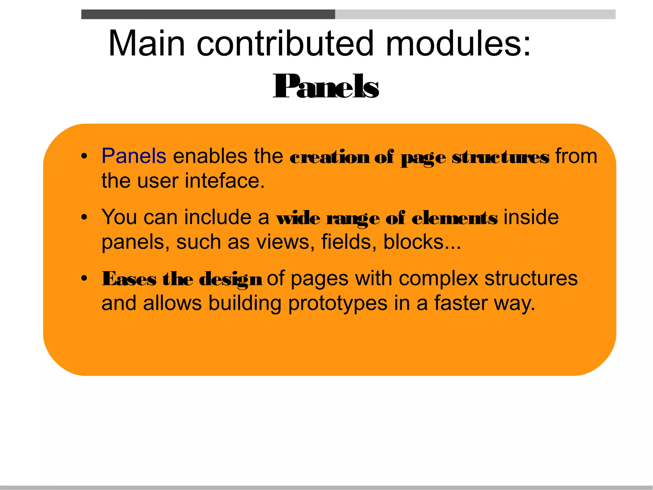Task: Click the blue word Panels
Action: (134, 156)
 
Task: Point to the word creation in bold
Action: (330, 157)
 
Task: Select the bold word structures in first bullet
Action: (500, 157)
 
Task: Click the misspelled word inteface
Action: (225, 181)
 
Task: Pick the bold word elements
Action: (454, 218)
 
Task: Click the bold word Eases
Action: (129, 279)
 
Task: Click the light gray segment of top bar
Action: (475, 14)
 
